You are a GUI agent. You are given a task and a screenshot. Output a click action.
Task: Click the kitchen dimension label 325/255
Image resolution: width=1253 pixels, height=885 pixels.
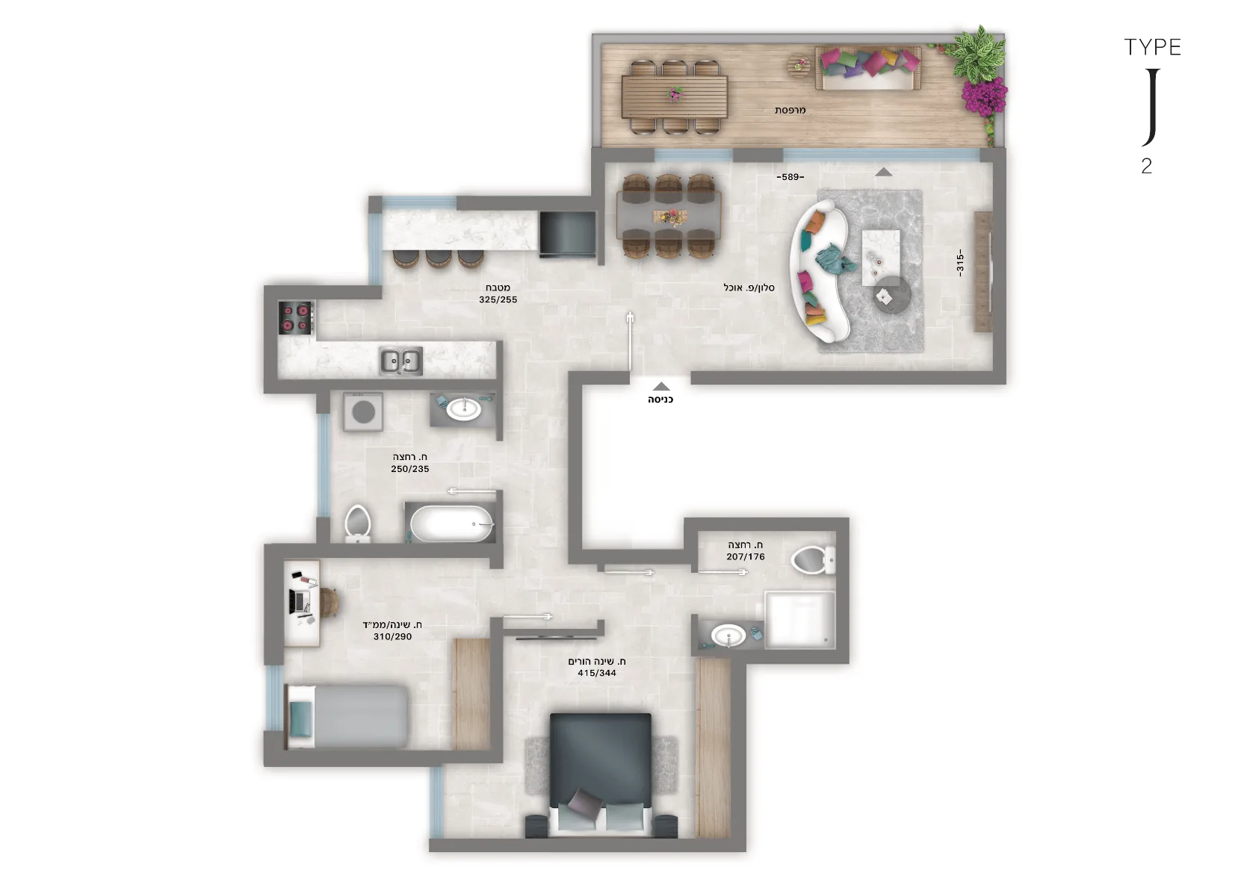pos(498,299)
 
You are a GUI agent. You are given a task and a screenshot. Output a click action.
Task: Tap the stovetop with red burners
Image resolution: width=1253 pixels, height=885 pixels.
pos(296,317)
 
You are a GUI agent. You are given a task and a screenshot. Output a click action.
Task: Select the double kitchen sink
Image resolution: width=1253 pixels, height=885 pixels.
pos(400,361)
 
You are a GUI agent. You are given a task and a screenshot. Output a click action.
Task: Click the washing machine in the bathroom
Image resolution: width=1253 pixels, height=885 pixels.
pos(363,412)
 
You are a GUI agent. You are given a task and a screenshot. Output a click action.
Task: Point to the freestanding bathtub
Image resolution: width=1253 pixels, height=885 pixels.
pos(452,524)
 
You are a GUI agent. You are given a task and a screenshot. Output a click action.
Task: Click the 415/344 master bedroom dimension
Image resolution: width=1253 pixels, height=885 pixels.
pos(597,673)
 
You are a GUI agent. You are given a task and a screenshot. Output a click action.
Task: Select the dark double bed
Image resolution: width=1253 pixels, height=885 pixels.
pos(600,775)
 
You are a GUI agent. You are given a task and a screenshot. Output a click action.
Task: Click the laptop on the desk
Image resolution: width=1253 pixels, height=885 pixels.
pos(300,601)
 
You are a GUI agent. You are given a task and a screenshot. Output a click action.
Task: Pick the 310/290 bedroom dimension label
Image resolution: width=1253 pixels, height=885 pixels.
pos(393,637)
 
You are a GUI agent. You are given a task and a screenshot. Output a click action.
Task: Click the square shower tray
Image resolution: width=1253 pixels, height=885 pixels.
pos(799,619)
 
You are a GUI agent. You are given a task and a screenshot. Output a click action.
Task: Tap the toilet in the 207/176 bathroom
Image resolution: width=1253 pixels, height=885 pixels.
pos(814,559)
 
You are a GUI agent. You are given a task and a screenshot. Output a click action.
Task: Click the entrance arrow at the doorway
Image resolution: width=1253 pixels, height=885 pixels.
pos(661,386)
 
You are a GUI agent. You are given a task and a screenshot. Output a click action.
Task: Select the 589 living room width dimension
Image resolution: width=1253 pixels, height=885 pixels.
pos(790,177)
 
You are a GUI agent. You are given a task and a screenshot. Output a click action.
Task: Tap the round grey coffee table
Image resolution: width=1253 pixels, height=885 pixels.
pos(893,295)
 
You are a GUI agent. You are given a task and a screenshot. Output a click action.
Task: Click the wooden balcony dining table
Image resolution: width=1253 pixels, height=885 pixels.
pos(674,96)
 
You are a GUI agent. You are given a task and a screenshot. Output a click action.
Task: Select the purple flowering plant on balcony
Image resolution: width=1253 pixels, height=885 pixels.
pos(985,96)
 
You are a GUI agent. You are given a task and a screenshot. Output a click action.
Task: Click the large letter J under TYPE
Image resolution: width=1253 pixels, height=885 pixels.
pos(1151,108)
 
